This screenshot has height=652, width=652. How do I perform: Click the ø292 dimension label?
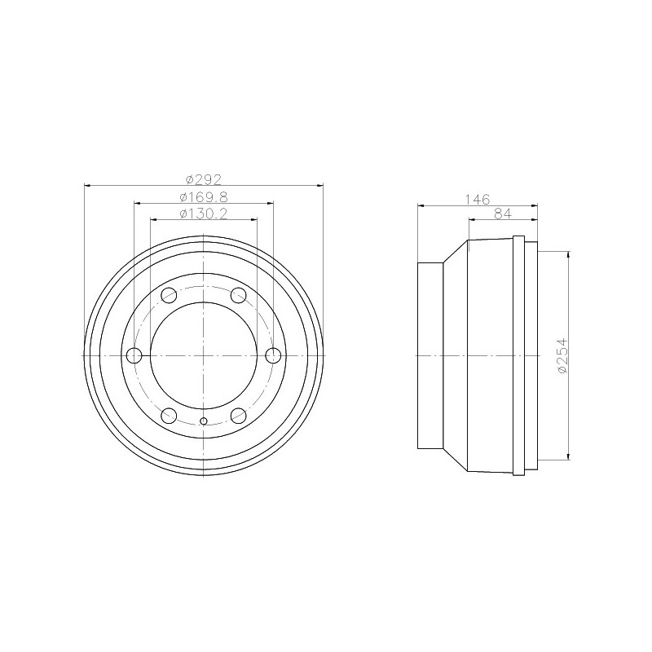point(204,178)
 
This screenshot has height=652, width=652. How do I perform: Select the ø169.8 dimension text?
point(204,196)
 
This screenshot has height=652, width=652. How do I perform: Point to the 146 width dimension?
point(477,198)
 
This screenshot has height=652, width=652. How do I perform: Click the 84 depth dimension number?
point(504,214)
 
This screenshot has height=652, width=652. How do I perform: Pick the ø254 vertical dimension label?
point(562,356)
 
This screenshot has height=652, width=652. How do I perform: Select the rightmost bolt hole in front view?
point(273,355)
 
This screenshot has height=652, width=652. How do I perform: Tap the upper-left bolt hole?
point(169,295)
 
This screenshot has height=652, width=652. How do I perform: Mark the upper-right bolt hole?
point(239,295)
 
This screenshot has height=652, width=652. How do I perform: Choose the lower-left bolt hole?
point(169,416)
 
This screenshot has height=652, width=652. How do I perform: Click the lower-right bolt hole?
point(239,416)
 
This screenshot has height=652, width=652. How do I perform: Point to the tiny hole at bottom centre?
point(204,421)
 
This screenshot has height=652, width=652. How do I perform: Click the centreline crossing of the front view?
point(204,355)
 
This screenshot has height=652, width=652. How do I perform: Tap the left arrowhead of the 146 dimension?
point(421,205)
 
